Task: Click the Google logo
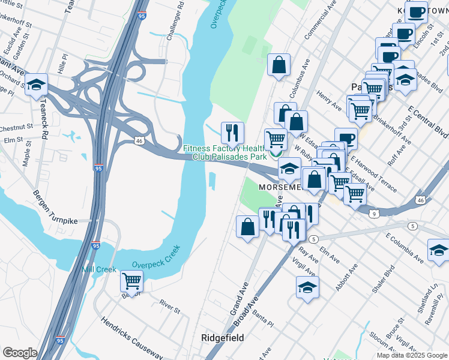(20, 353)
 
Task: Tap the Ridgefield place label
(222, 338)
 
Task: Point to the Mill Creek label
(99, 269)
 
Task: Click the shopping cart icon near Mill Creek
(131, 280)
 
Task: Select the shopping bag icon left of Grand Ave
(248, 227)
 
